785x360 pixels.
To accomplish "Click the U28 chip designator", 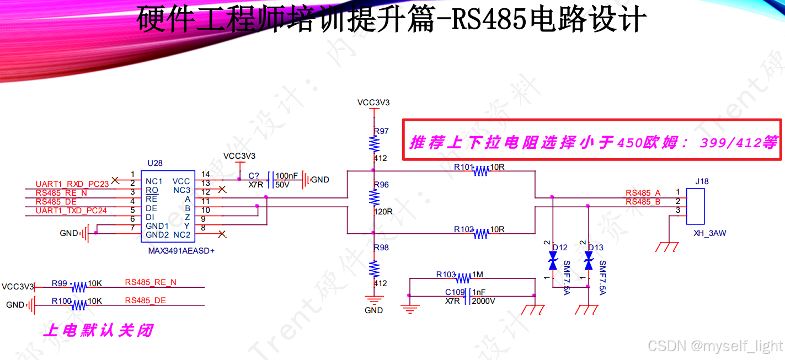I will pyautogui.click(x=155, y=164).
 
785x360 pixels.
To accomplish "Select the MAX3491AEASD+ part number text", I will pyautogui.click(x=181, y=251).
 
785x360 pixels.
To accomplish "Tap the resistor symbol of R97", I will pyautogui.click(x=375, y=144).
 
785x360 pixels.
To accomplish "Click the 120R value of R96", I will pyautogui.click(x=383, y=211).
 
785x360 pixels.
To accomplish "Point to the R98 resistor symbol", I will pyautogui.click(x=375, y=268).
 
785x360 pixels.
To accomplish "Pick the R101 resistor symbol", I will pyautogui.click(x=481, y=171).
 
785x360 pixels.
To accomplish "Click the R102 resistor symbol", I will pyautogui.click(x=481, y=234).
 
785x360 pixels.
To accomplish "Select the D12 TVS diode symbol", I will pyautogui.click(x=553, y=260).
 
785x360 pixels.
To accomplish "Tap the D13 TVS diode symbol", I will pyautogui.click(x=589, y=260).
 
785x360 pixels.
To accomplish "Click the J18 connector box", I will pyautogui.click(x=696, y=207).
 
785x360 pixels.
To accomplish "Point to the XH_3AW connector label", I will pyautogui.click(x=709, y=233).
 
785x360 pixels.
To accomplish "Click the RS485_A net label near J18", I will pyautogui.click(x=643, y=193).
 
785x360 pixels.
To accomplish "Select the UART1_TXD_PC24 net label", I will pyautogui.click(x=71, y=211).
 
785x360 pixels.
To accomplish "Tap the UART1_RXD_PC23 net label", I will pyautogui.click(x=72, y=184).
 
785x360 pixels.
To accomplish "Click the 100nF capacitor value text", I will pyautogui.click(x=286, y=176).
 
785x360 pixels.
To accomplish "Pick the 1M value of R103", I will pyautogui.click(x=477, y=275).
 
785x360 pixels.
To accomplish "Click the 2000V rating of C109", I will pyautogui.click(x=483, y=301).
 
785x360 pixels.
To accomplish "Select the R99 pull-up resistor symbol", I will pyautogui.click(x=79, y=287).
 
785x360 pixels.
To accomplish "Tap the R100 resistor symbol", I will pyautogui.click(x=79, y=305).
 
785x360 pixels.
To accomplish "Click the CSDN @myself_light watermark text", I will pyautogui.click(x=715, y=346).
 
